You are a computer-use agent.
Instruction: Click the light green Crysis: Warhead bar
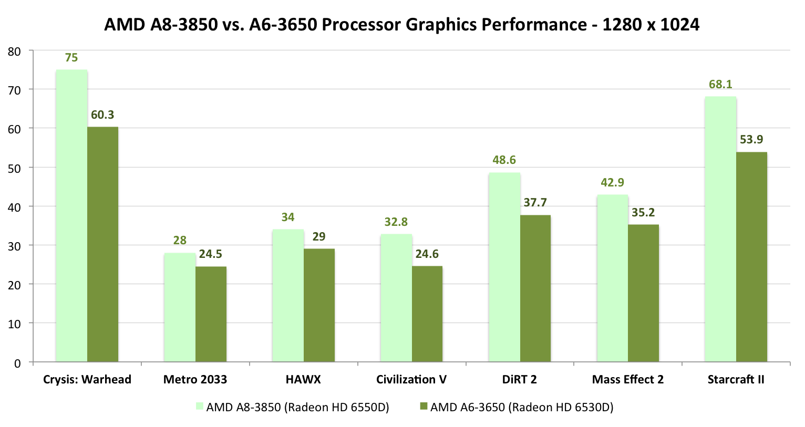(x=71, y=216)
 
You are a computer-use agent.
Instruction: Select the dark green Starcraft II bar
(x=751, y=257)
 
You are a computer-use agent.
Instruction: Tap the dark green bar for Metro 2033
(x=211, y=314)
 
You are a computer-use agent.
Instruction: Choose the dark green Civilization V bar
(x=427, y=314)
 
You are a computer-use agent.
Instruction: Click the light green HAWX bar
(x=287, y=295)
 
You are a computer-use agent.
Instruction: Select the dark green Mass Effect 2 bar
(x=643, y=293)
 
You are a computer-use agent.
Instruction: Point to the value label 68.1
(x=720, y=85)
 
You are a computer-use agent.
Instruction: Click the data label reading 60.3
(x=102, y=115)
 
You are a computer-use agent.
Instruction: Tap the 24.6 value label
(x=427, y=254)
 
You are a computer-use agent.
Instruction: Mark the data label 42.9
(x=612, y=183)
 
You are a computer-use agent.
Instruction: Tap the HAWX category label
(x=303, y=380)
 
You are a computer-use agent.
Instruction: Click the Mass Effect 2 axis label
(x=627, y=380)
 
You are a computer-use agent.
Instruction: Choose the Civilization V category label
(x=411, y=380)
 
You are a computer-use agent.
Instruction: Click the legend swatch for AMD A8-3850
(x=199, y=406)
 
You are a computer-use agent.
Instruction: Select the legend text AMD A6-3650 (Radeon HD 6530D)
(x=522, y=408)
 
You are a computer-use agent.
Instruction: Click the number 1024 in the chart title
(x=679, y=25)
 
